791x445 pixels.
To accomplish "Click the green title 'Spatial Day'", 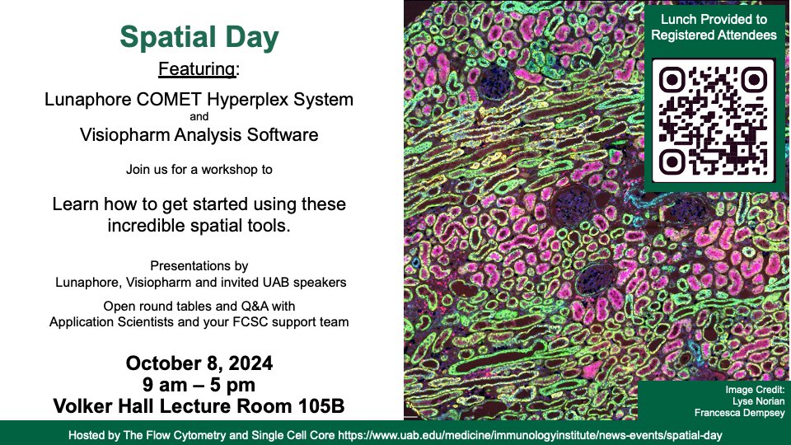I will [199, 37].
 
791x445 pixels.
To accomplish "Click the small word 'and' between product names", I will [199, 117].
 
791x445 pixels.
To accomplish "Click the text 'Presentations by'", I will [199, 266].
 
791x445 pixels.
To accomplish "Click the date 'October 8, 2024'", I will [199, 363].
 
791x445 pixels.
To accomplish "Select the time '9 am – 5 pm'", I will [199, 385].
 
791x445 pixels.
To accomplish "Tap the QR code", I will [714, 120].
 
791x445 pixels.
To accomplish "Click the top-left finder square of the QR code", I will [673, 80].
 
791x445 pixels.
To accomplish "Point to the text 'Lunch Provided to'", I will [714, 19].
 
